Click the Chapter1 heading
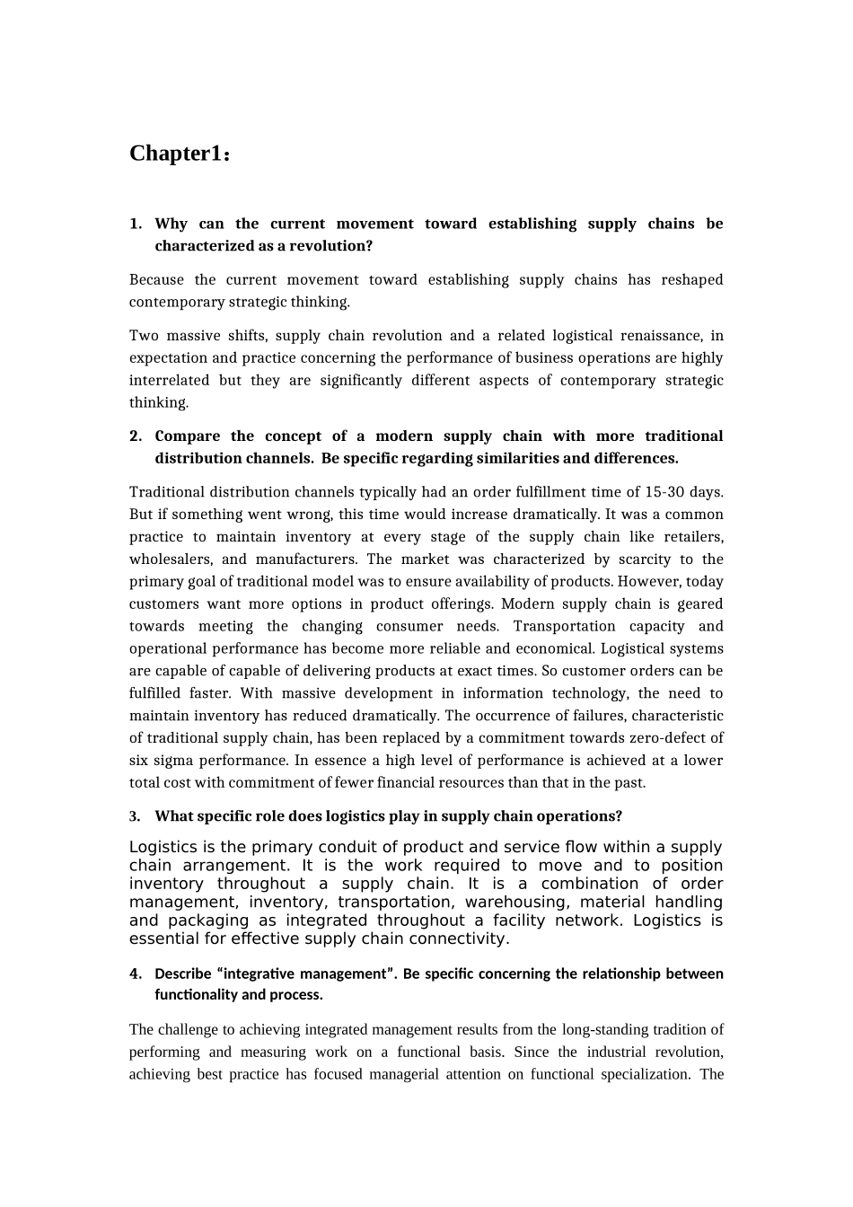point(180,154)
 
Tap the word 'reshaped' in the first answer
point(691,280)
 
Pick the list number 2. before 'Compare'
point(136,436)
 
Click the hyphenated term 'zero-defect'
point(669,738)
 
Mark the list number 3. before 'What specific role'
point(135,816)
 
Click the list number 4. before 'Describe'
point(136,974)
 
